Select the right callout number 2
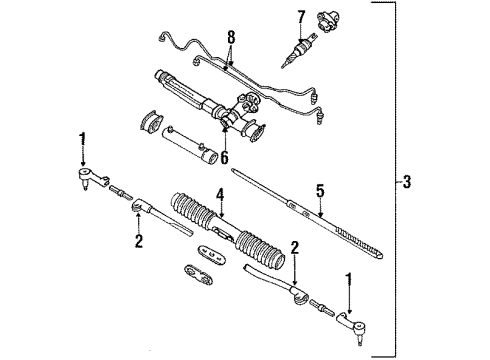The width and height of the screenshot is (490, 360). click(293, 246)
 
